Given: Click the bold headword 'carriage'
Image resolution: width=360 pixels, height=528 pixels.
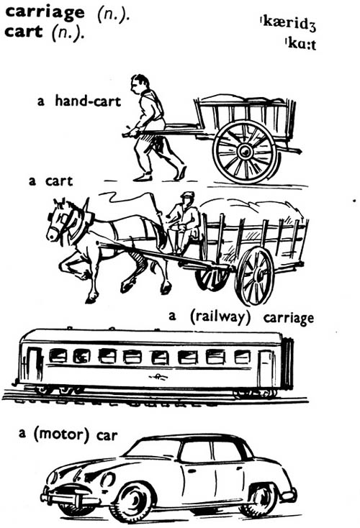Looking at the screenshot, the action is click(45, 14).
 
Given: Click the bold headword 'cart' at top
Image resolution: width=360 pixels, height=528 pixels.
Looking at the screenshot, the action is click(24, 32).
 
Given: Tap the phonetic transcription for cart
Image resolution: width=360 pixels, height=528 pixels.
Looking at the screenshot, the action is click(302, 43).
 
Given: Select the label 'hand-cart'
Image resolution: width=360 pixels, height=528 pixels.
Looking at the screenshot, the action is click(88, 101).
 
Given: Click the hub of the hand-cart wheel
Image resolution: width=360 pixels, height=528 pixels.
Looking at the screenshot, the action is click(245, 152).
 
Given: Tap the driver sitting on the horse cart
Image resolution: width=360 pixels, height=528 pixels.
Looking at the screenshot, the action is click(183, 222).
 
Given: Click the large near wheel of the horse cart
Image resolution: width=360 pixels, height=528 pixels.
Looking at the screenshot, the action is click(255, 276).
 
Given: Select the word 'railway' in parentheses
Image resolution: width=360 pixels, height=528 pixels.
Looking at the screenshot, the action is click(220, 317).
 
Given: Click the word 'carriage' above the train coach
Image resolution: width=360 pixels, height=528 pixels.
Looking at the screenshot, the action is click(288, 318).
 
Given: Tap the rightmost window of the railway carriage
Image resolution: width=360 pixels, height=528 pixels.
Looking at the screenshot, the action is click(243, 357).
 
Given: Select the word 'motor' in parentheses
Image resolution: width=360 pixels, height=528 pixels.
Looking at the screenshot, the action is click(61, 434).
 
